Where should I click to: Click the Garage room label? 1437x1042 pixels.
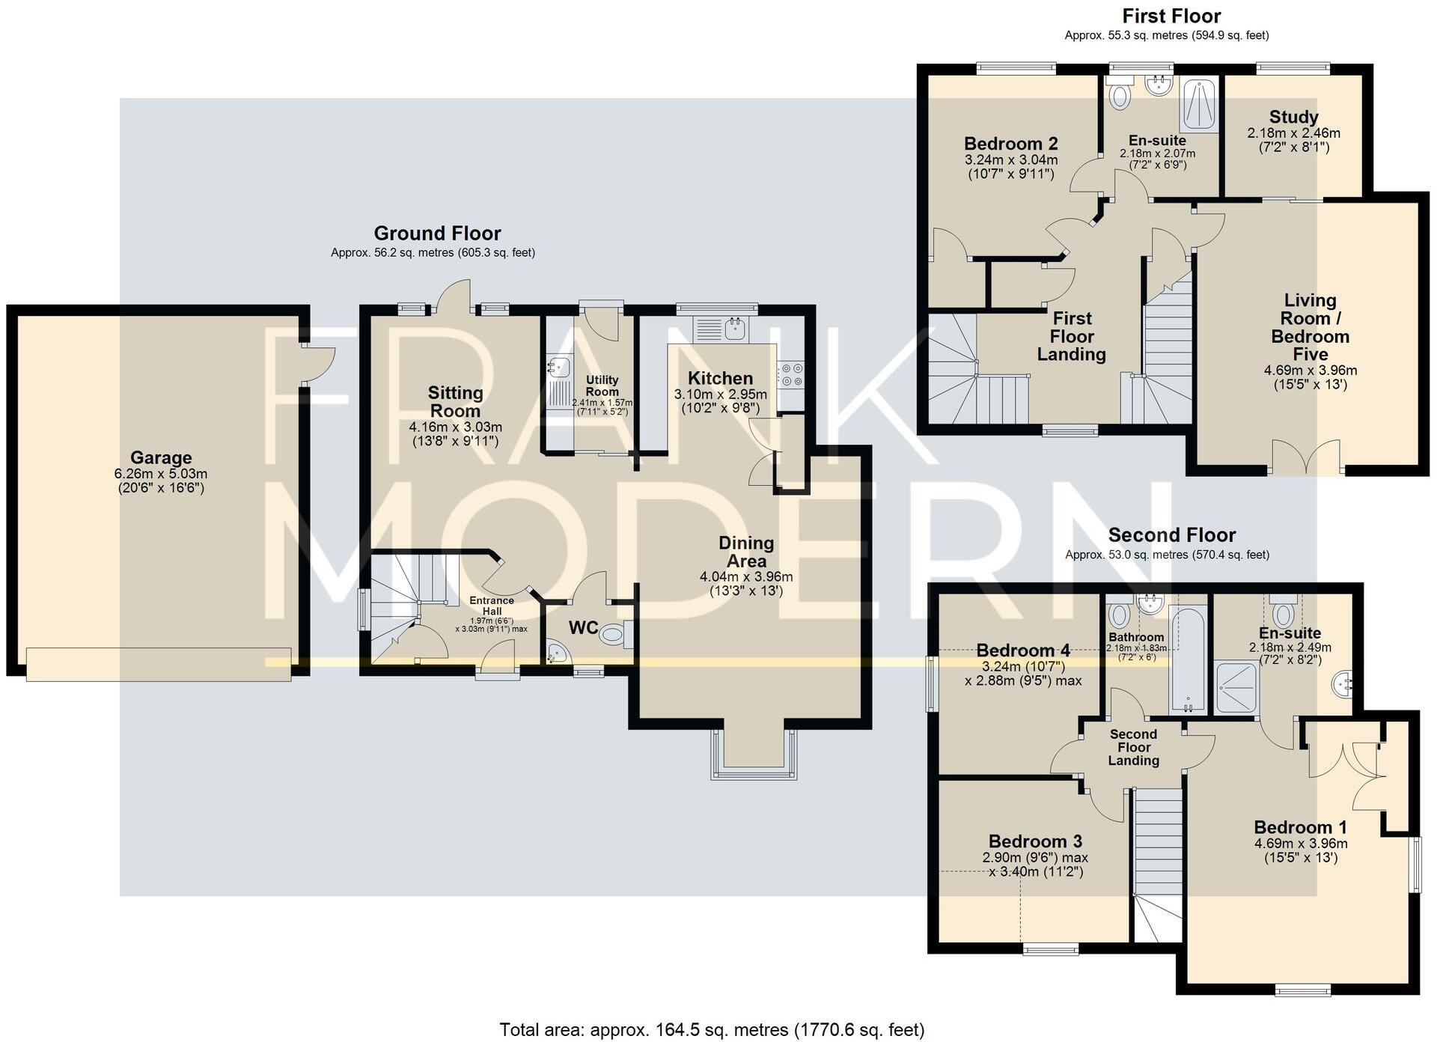coord(161,457)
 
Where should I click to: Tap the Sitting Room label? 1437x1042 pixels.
coord(455,402)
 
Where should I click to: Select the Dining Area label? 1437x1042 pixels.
coord(746,552)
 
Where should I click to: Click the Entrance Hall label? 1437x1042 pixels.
coord(492,606)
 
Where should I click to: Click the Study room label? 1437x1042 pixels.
coord(1293,118)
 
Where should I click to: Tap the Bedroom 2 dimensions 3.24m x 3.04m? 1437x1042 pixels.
coord(1010,160)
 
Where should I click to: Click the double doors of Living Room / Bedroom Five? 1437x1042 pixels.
coord(1306,457)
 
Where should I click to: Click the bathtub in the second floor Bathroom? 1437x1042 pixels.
coord(1188,659)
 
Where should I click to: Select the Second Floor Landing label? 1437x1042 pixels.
coord(1133,747)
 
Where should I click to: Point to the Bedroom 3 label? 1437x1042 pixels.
coord(1035,841)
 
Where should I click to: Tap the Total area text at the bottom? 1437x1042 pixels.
coord(712,1030)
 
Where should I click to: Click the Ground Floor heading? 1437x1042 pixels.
coord(437,234)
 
